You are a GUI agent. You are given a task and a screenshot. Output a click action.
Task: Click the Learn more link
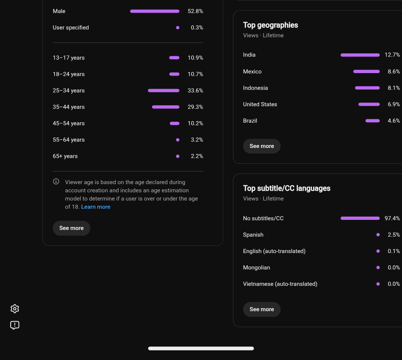(x=96, y=207)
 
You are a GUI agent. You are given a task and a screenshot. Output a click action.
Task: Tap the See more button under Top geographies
(x=262, y=146)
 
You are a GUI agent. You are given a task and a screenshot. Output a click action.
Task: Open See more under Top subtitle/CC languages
(x=262, y=309)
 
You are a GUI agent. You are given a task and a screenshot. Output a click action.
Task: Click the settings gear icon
(x=15, y=309)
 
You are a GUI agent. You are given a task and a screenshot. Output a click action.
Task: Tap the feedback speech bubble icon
(x=15, y=325)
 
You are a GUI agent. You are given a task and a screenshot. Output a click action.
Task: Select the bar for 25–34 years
(x=163, y=91)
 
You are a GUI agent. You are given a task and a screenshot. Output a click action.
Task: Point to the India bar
(x=360, y=55)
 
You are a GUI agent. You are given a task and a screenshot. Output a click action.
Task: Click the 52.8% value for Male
(x=195, y=11)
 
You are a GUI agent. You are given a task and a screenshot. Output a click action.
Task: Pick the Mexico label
(x=252, y=72)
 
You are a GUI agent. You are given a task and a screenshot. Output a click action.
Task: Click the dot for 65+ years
(x=178, y=156)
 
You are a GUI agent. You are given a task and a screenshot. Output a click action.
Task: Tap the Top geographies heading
(x=271, y=25)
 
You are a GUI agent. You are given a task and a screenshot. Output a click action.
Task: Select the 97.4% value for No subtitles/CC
(x=392, y=218)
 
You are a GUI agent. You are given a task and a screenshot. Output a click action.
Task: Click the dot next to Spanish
(x=378, y=235)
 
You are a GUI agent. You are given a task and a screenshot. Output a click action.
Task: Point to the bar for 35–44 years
(x=166, y=107)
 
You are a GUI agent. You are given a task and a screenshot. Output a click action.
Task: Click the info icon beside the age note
(x=56, y=181)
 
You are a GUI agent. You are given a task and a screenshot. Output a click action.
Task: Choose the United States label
(x=260, y=104)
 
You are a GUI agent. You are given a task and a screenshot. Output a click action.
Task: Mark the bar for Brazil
(x=373, y=121)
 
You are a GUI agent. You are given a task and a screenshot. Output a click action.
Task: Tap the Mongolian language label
(x=256, y=268)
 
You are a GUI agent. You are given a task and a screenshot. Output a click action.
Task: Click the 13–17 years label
(x=69, y=58)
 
